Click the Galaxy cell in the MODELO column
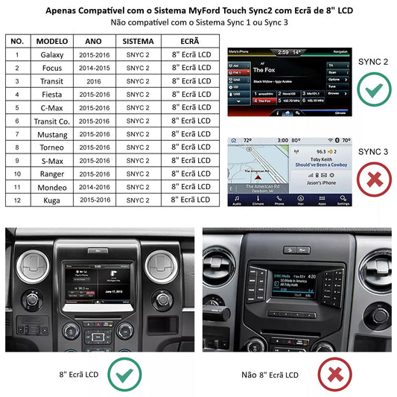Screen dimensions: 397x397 tap(51, 55)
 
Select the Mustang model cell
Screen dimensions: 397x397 tap(51, 134)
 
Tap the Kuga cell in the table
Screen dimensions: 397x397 tap(51, 200)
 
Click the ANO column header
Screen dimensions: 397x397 tap(93, 41)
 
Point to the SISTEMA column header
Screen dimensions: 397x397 tap(139, 41)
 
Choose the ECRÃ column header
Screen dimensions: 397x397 tap(191, 41)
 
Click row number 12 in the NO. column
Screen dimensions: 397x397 tap(16, 200)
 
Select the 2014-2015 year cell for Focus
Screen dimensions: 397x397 tap(93, 69)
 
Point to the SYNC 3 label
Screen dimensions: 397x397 tap(373, 152)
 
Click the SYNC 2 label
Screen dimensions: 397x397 tap(373, 61)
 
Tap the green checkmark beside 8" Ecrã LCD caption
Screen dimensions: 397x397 tap(124, 374)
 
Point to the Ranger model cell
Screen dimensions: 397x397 tap(51, 174)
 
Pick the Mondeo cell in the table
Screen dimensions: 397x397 tap(51, 186)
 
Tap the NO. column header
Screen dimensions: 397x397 tap(16, 41)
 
